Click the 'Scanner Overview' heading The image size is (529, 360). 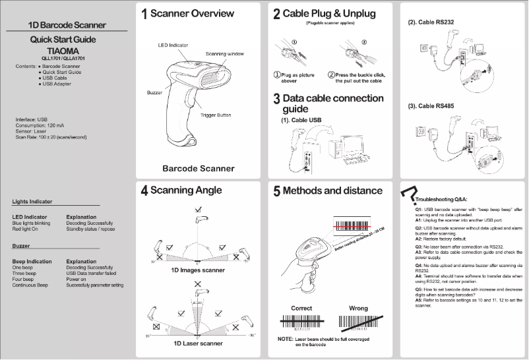[193, 13]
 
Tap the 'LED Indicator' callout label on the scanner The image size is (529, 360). [173, 45]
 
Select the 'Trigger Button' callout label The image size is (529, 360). [215, 115]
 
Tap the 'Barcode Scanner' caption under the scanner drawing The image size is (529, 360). [199, 168]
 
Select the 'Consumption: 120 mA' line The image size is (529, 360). [42, 125]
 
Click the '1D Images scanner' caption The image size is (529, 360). [198, 270]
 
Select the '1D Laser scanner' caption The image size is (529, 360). [198, 343]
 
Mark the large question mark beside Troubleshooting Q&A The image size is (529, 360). [410, 194]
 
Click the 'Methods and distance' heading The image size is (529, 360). [333, 191]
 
